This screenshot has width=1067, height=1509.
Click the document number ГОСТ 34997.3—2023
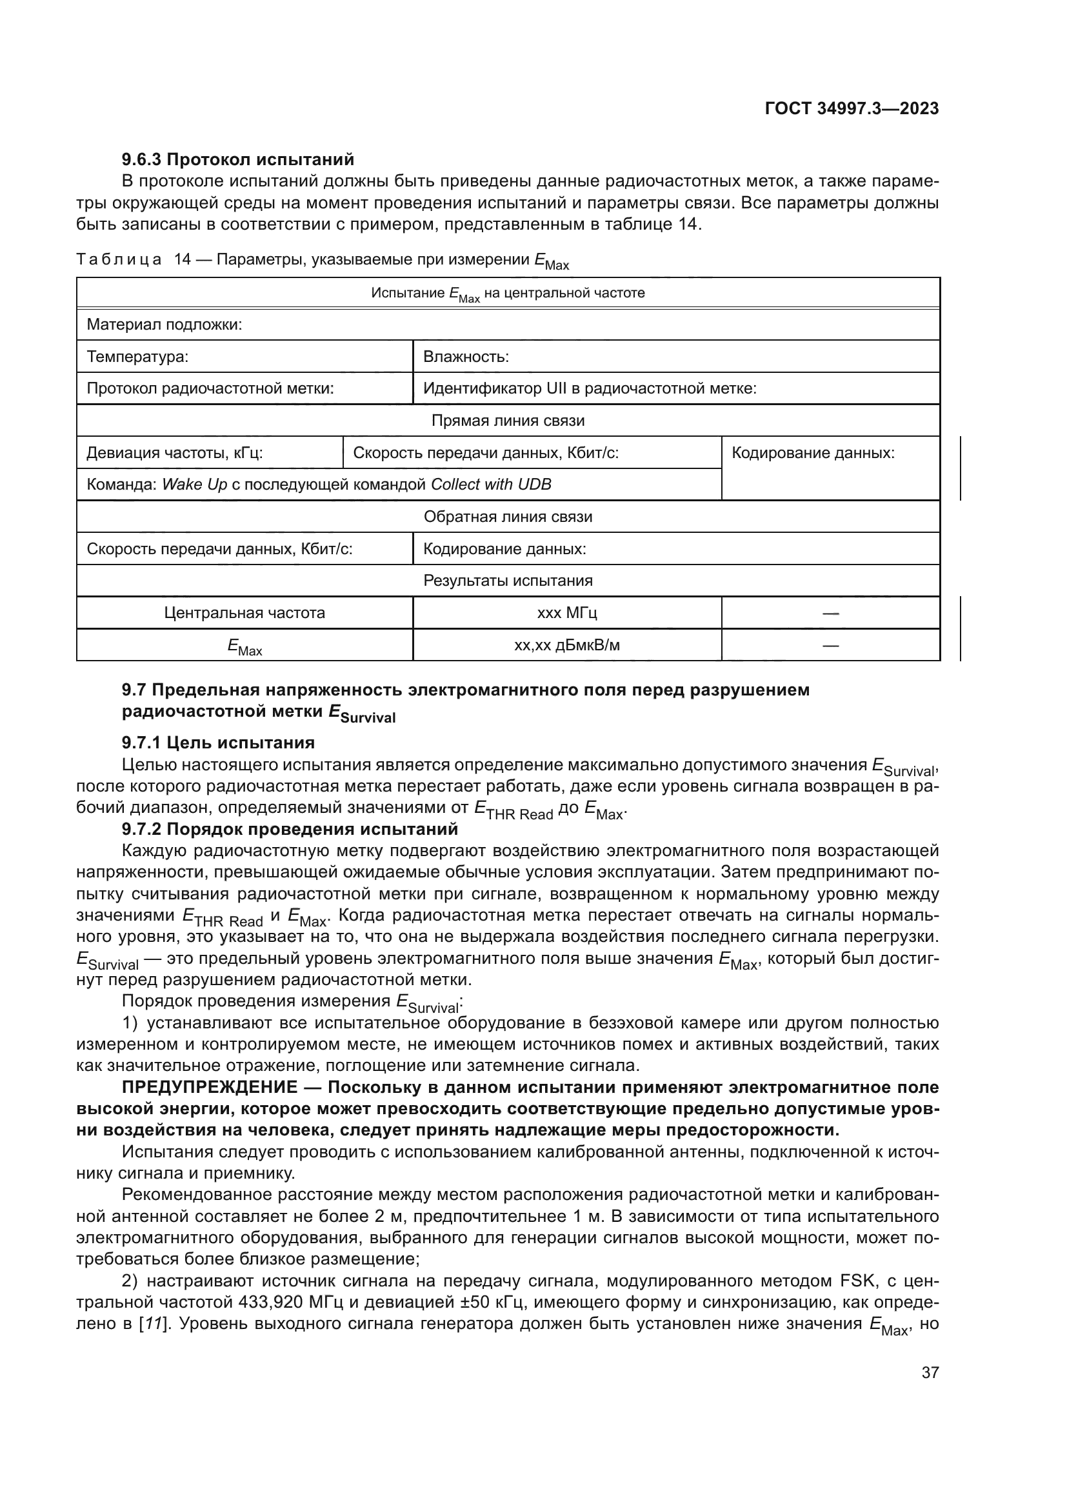(x=852, y=109)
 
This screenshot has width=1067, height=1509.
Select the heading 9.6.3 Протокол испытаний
(x=238, y=159)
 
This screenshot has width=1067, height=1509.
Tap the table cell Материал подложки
(x=165, y=325)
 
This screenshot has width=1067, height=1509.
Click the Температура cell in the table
(x=137, y=357)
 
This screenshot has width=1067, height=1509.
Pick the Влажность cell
(x=466, y=357)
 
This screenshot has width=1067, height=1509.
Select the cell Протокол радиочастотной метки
(x=210, y=388)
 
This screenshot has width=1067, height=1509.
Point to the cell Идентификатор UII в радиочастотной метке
(x=590, y=388)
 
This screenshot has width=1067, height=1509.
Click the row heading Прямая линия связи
(x=507, y=421)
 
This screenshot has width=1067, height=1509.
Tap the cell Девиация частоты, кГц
(x=175, y=453)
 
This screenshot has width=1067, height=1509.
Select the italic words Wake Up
(x=194, y=485)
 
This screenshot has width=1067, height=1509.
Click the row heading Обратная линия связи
(x=507, y=517)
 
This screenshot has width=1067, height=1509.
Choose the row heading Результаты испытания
(x=507, y=581)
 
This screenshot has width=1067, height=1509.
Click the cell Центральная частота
(x=244, y=613)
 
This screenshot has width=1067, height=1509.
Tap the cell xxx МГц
(x=566, y=613)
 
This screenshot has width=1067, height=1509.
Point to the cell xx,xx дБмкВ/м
(x=566, y=645)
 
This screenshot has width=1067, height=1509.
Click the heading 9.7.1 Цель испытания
(x=218, y=743)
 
